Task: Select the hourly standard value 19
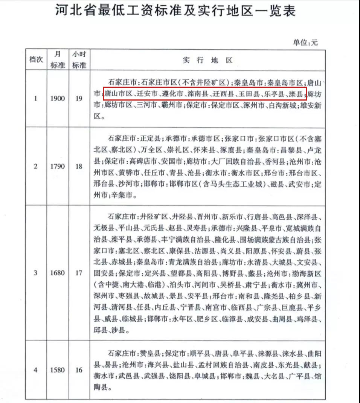pos(78,99)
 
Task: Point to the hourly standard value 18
pos(78,166)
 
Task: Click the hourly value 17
pos(78,273)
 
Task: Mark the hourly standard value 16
pos(78,370)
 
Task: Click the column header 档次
pos(36,60)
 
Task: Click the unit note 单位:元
pos(305,43)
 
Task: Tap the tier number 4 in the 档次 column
pos(36,370)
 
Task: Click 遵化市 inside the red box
pos(172,93)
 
